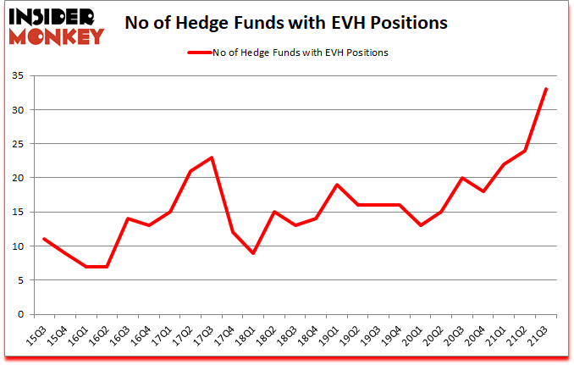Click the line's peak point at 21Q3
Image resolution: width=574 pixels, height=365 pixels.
[546, 89]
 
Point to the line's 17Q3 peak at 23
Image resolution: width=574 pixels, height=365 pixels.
[212, 158]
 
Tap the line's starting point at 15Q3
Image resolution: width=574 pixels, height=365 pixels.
[43, 239]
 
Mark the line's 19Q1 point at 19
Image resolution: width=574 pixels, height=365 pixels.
[338, 185]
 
